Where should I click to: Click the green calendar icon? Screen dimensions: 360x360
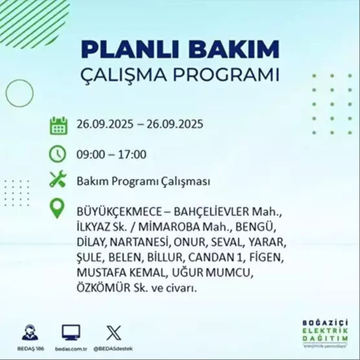click(58, 125)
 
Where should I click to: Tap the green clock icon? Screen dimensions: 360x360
click(58, 154)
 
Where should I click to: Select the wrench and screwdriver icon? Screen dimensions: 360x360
click(58, 181)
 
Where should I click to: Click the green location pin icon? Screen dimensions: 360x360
click(58, 210)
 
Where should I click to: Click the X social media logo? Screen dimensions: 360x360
click(113, 332)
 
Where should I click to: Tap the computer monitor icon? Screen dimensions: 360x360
click(71, 332)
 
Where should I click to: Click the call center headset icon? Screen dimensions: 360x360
click(30, 332)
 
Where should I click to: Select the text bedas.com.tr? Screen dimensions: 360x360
click(71, 348)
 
